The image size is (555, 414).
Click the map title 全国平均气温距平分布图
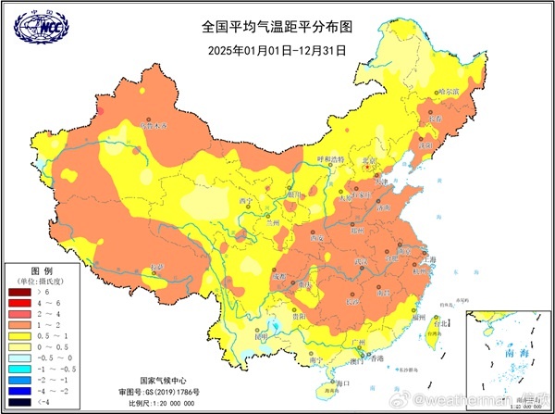tap(277, 28)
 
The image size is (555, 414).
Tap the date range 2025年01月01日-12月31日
tap(277, 50)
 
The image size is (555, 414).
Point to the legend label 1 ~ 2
tap(51, 325)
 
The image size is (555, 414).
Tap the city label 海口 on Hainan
tap(344, 383)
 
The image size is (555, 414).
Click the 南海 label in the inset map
tap(504, 355)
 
